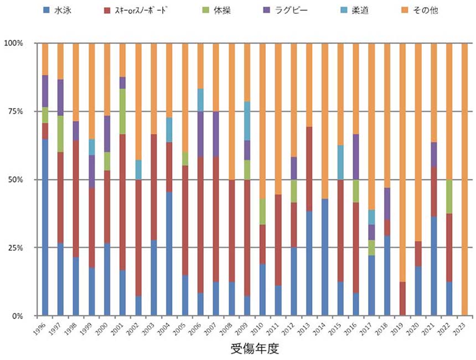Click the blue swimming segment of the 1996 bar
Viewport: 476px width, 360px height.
tap(45, 227)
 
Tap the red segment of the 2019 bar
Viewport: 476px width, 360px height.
tap(402, 299)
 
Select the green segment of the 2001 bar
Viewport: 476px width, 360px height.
tap(122, 111)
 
